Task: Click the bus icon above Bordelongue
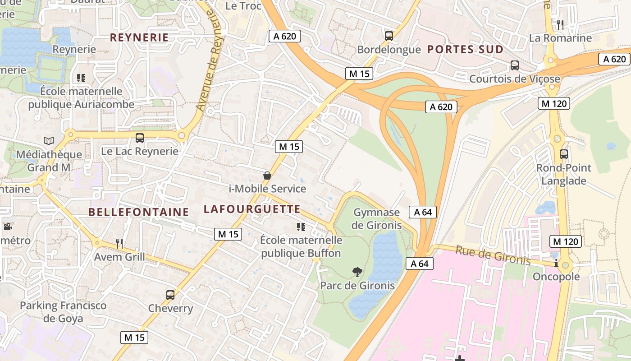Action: coord(389,36)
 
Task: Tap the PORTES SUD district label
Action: coord(465,50)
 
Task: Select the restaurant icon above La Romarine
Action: coord(560,24)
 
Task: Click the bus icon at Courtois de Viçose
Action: coord(514,65)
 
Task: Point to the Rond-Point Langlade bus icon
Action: coord(563,154)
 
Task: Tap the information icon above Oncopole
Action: coord(556,263)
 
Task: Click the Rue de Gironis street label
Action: coord(493,255)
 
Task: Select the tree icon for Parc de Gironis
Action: coord(357,272)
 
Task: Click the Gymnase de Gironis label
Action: coord(376,219)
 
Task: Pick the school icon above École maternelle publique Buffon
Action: coord(301,227)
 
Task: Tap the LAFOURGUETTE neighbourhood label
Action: coord(252,209)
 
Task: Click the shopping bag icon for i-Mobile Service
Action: coord(267,175)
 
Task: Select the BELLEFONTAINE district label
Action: coord(139,212)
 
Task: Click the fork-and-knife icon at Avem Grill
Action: coord(119,244)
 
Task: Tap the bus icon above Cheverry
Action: coord(170,295)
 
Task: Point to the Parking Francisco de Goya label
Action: coord(63,312)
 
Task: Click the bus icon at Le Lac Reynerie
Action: coord(140,138)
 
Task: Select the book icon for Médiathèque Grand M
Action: coord(49,141)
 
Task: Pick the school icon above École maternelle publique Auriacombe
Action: coord(81,78)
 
